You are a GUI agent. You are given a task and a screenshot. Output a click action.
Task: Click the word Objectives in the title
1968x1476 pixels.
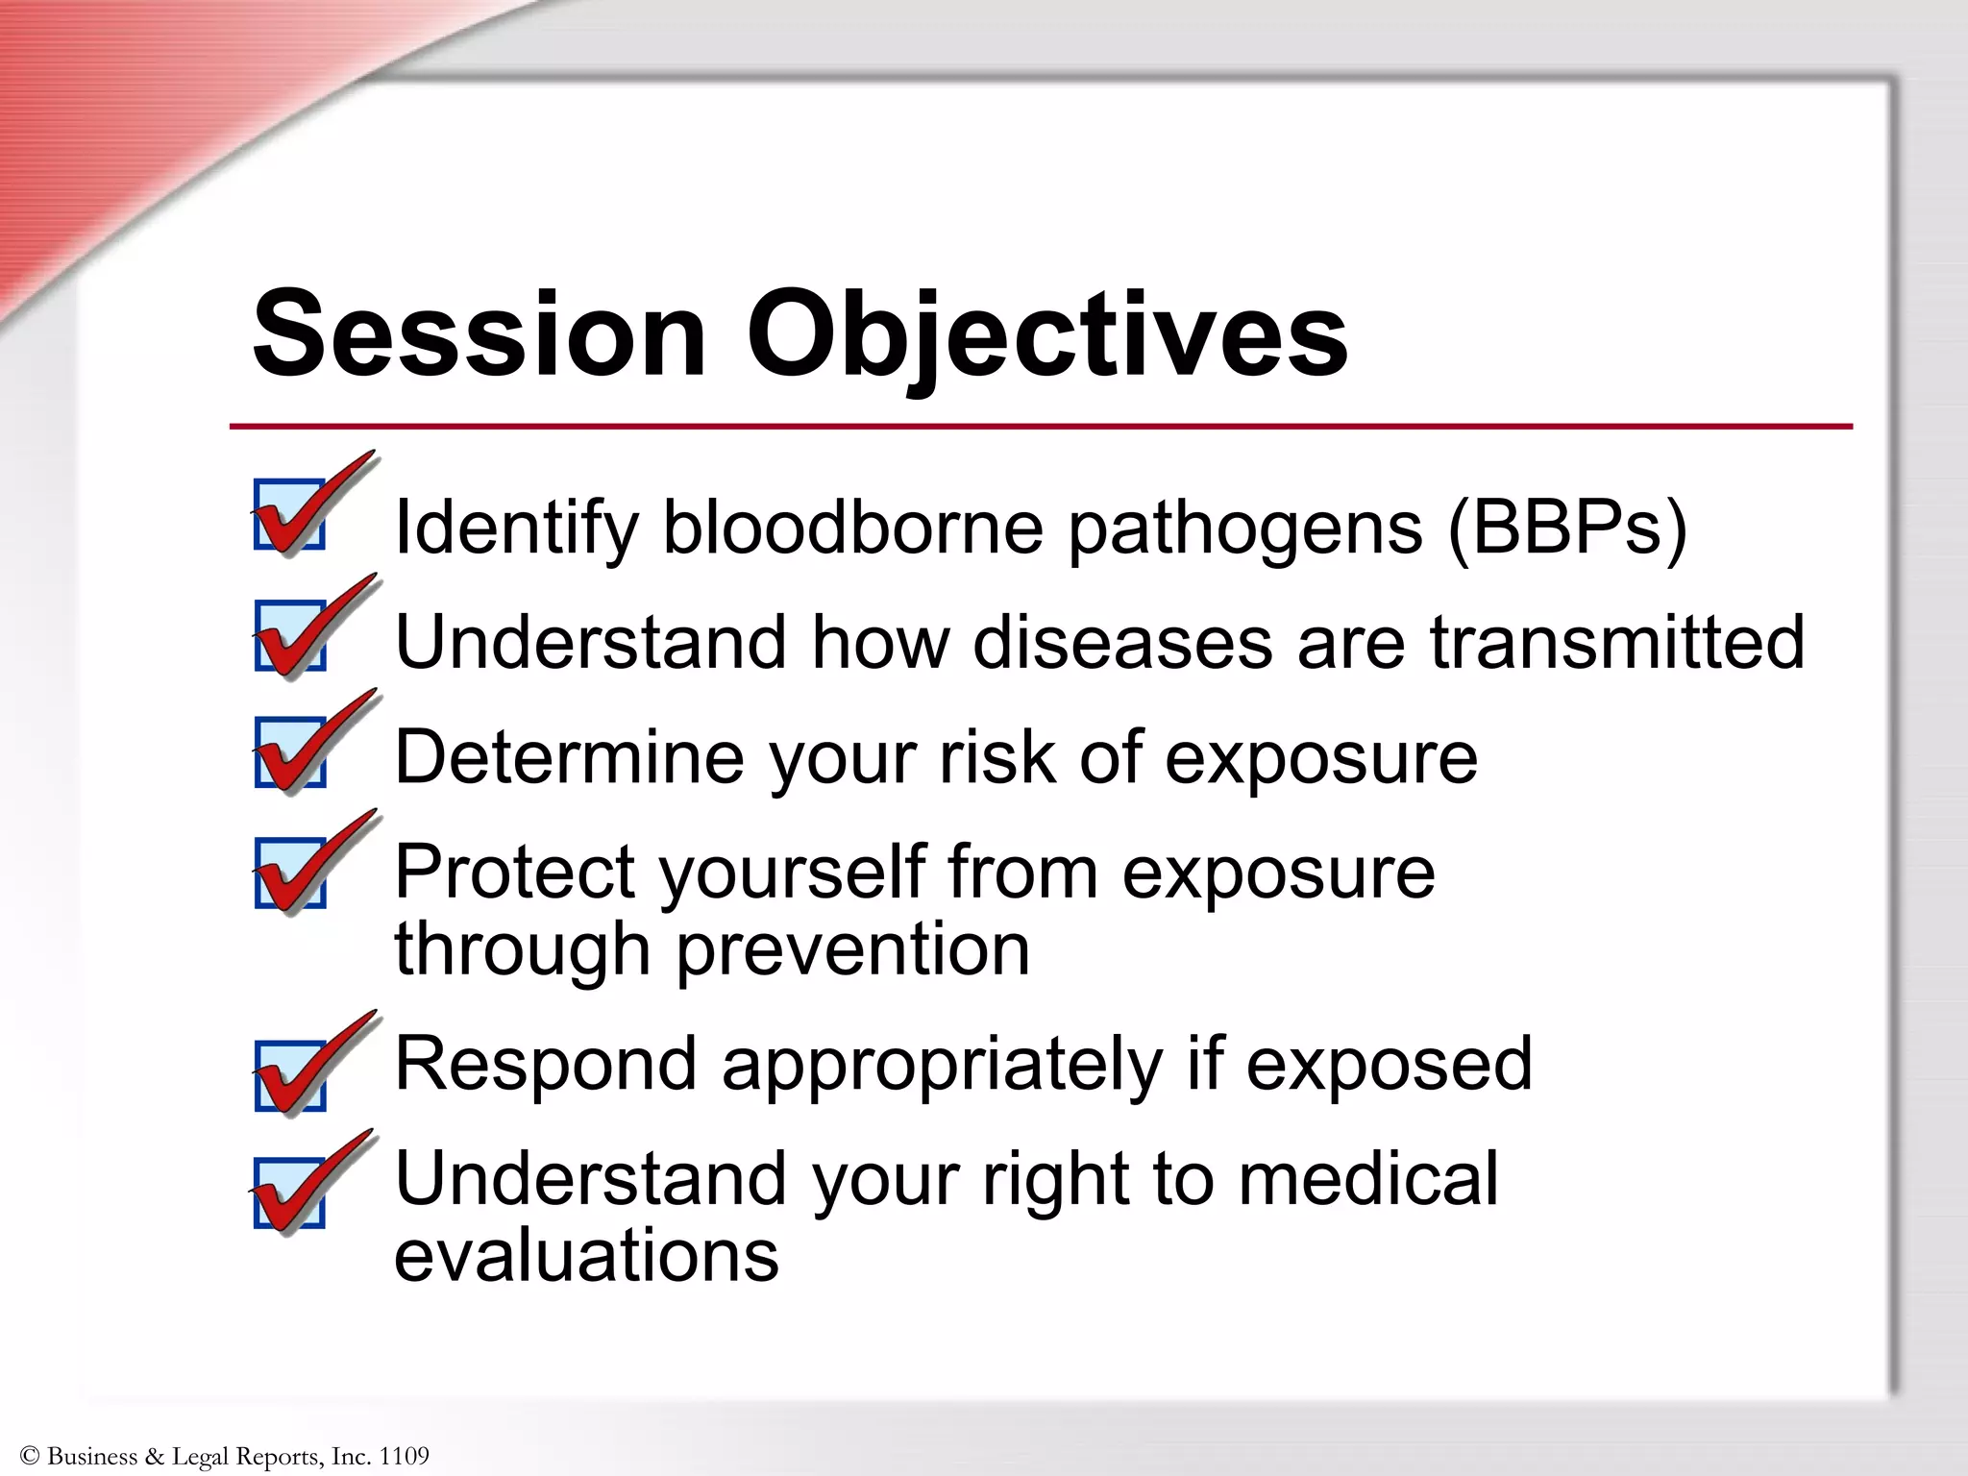tap(1047, 336)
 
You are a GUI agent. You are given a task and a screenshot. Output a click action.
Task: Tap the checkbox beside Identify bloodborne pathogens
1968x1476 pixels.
tap(289, 515)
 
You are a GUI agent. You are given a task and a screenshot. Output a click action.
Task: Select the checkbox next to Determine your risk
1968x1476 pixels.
tap(289, 752)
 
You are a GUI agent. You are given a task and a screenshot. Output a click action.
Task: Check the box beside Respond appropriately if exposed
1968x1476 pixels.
tap(289, 1075)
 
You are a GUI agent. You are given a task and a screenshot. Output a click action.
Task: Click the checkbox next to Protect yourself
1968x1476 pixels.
tap(289, 873)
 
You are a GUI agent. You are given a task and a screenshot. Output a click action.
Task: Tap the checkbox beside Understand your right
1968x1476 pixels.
tap(289, 1193)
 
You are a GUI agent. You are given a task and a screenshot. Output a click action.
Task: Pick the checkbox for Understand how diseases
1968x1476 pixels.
tap(289, 636)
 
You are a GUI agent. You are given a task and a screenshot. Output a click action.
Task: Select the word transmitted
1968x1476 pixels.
tap(1617, 642)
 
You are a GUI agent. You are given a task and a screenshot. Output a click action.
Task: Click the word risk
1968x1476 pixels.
tap(996, 757)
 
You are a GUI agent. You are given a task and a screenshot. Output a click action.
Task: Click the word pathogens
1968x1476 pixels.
tap(1245, 529)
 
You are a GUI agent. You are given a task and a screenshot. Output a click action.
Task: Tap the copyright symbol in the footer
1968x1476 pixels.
tap(30, 1456)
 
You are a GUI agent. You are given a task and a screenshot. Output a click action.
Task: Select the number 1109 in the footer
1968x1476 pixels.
tap(404, 1456)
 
